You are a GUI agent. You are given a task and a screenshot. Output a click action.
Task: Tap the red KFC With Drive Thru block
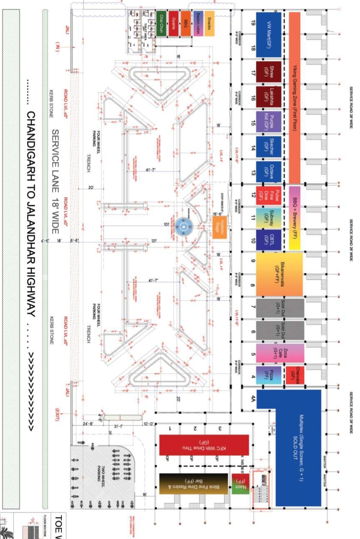point(203,445)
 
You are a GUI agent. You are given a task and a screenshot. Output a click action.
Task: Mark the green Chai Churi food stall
point(161,23)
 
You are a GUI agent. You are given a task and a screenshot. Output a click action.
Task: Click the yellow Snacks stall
point(209,23)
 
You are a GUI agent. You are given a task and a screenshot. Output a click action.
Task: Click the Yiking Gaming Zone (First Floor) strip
point(294,97)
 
